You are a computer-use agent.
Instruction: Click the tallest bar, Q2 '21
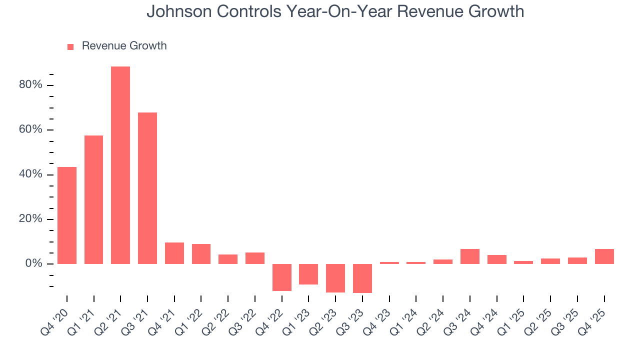pos(120,165)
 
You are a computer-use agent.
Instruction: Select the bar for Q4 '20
pos(67,215)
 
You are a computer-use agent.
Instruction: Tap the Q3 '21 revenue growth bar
pos(147,188)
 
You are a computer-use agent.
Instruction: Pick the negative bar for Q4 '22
pos(282,277)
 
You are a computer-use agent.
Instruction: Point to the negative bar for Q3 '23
pos(362,278)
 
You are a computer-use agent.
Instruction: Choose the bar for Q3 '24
pos(470,256)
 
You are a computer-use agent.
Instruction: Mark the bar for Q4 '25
pos(604,256)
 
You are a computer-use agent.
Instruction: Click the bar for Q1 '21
pos(93,199)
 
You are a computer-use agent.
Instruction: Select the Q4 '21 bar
pos(174,253)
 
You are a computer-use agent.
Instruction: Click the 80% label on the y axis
pos(30,85)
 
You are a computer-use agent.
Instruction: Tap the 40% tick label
pos(30,174)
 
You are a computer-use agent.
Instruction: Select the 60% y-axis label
pos(30,130)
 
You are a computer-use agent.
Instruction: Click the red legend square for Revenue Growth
pos(70,46)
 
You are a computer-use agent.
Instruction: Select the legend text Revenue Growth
pos(124,46)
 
